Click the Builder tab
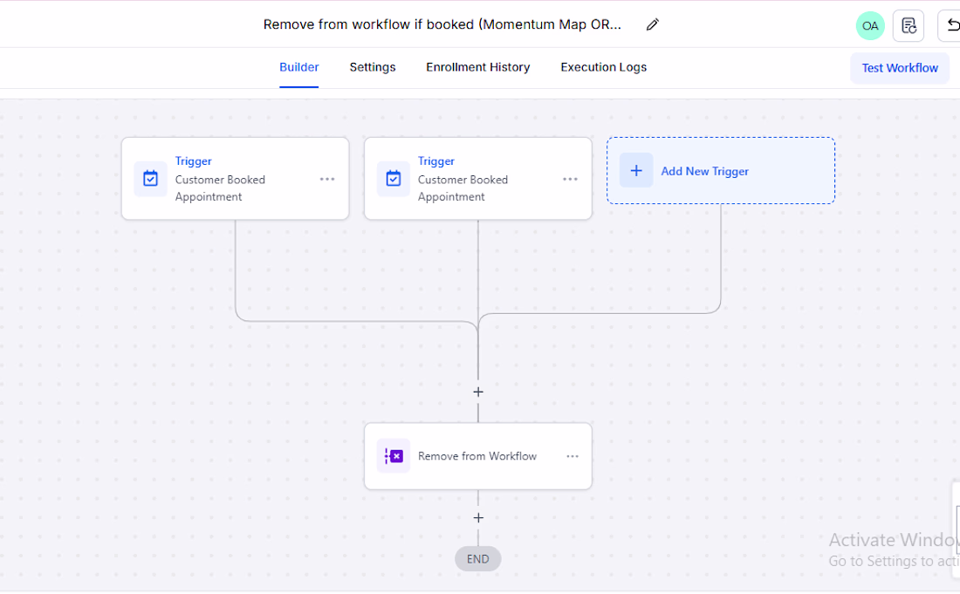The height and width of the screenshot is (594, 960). pos(298,67)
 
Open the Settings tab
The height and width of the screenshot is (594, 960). pos(373,67)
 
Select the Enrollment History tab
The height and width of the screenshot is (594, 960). pos(478,67)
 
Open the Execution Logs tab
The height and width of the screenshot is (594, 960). pos(604,67)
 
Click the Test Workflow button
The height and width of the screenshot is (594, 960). pos(900,68)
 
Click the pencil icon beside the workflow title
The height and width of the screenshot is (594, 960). pos(653,24)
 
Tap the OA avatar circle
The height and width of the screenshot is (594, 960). pos(870,25)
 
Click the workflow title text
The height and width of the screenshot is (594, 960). pos(442,24)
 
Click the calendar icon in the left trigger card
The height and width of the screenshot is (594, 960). pos(151,179)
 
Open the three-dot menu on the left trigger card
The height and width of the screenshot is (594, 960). pos(327,179)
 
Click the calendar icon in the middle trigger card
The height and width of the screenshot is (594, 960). pos(394,179)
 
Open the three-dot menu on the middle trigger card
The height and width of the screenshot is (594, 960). pos(570,179)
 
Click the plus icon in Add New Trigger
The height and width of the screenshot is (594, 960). pos(636,170)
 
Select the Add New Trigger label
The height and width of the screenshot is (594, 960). pos(704,171)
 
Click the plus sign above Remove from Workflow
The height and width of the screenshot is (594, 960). pos(478,392)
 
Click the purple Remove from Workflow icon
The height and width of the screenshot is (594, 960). pos(394,455)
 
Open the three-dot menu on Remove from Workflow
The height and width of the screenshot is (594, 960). pos(573,456)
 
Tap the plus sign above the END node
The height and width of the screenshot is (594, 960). pos(478,517)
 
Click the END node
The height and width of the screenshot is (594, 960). pos(477,558)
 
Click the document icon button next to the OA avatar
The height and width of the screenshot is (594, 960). pos(909,25)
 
